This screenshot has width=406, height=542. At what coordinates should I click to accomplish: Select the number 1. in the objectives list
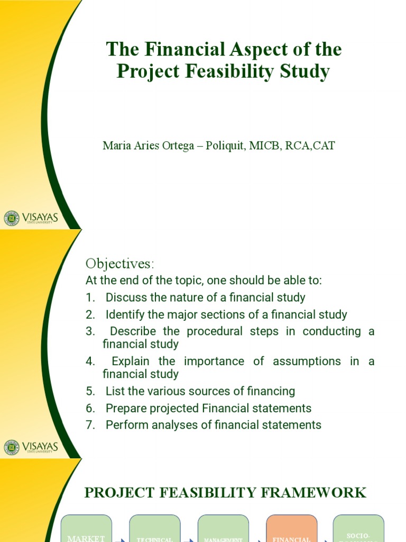tap(90, 297)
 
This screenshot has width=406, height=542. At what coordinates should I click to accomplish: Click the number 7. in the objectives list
tap(90, 424)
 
